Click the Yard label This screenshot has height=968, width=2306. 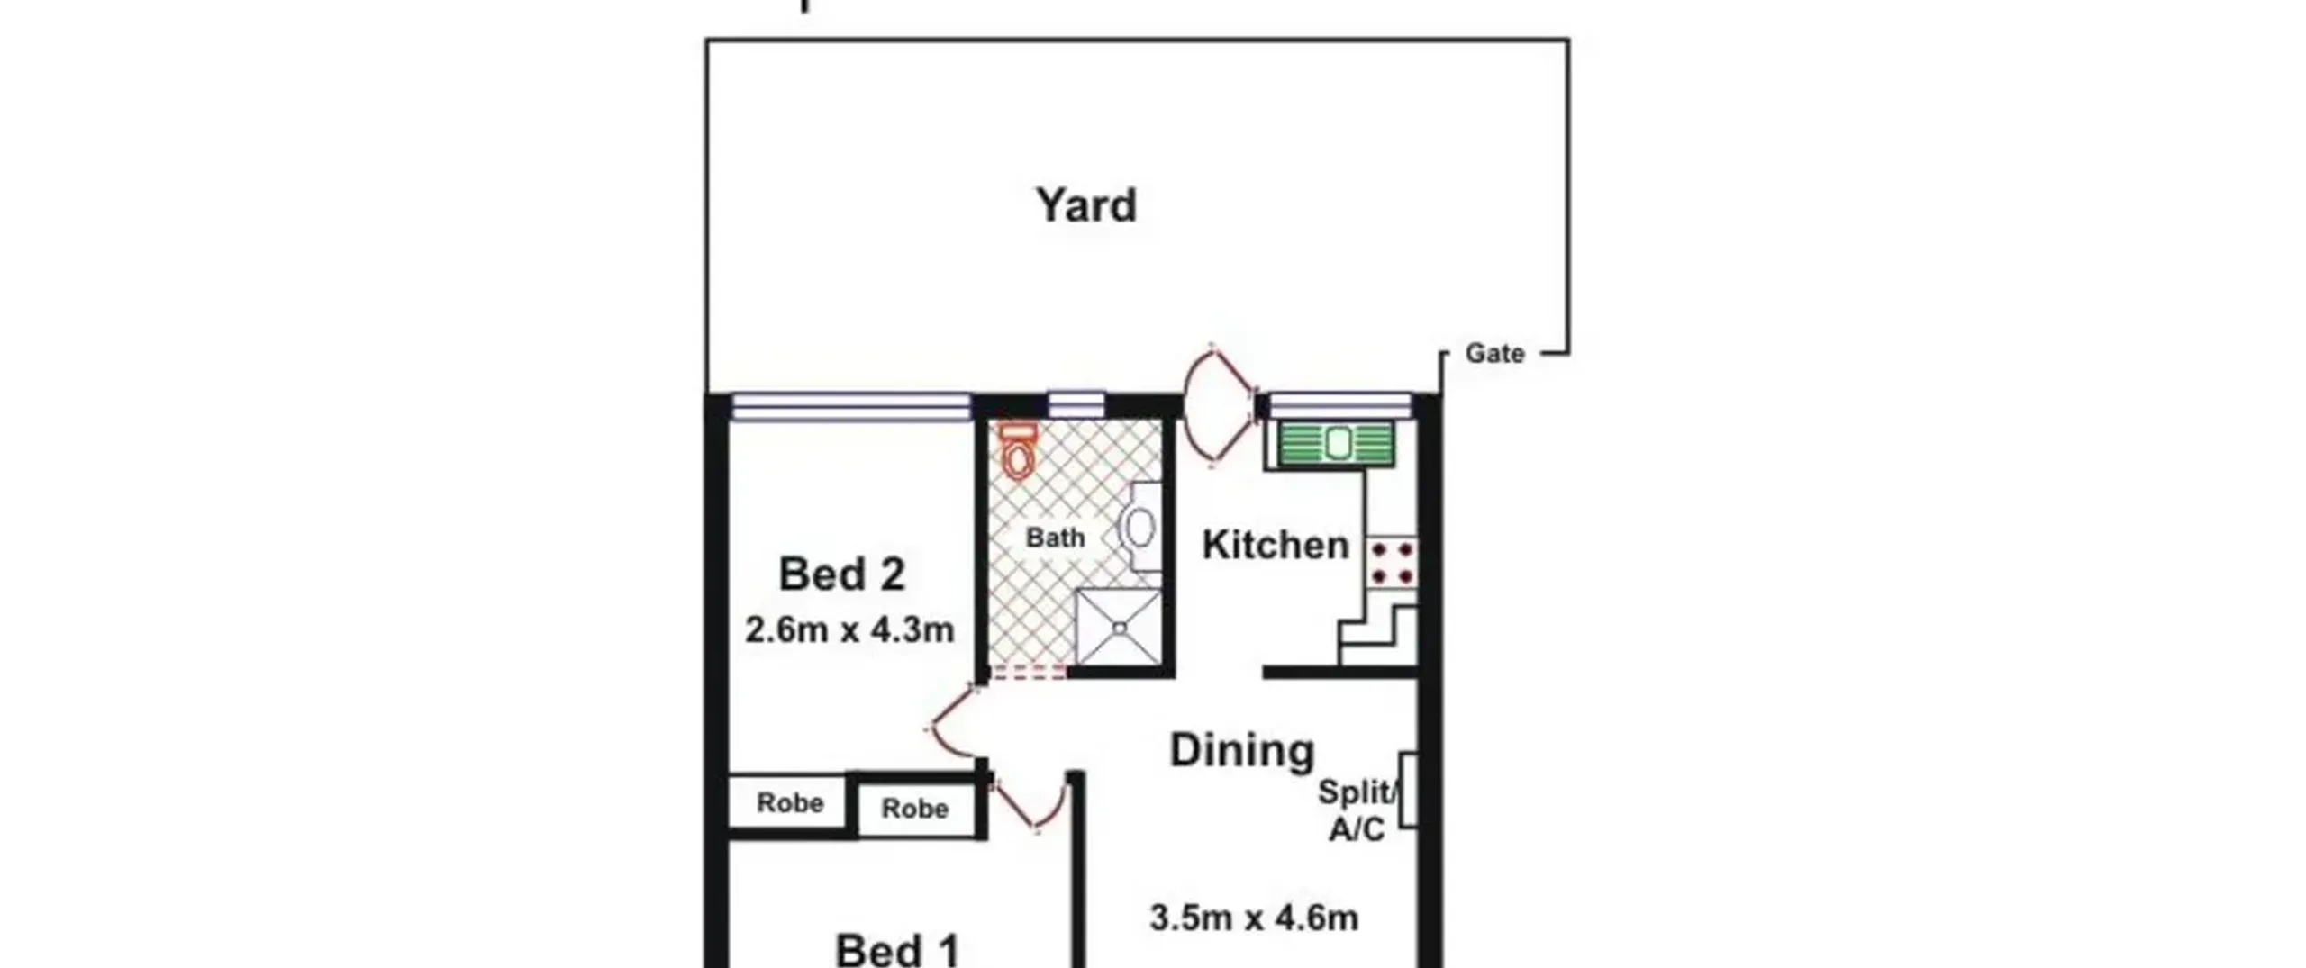pos(1085,206)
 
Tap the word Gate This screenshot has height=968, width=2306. pos(1494,353)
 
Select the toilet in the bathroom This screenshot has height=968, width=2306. pos(1018,453)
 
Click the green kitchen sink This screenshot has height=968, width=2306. pos(1337,443)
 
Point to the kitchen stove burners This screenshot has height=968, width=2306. pos(1393,561)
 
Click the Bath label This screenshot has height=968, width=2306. pos(1055,538)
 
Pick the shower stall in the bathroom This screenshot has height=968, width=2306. pos(1118,628)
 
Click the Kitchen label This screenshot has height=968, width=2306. pos(1276,546)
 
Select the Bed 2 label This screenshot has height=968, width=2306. pos(841,574)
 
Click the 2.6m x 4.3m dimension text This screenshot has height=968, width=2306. pos(849,630)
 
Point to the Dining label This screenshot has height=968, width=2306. pos(1242,750)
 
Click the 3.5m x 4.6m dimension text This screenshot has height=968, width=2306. pos(1254,918)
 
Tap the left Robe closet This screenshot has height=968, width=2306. pos(788,801)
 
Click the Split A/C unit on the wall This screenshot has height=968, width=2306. pos(1409,790)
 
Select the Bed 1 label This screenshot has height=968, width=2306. pos(898,950)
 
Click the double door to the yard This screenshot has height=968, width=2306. pos(1219,406)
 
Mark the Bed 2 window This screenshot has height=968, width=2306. pos(850,407)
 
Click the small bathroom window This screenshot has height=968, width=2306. pos(1076,404)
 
